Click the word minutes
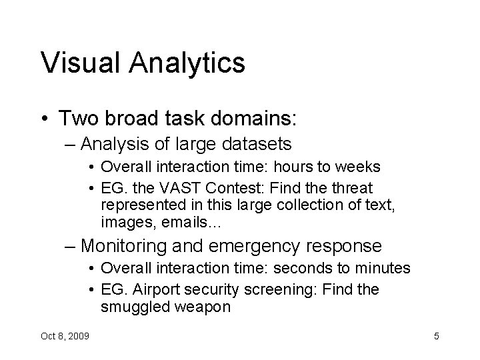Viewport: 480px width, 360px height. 383,269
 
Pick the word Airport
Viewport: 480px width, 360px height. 158,289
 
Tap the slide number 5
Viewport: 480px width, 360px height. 436,336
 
